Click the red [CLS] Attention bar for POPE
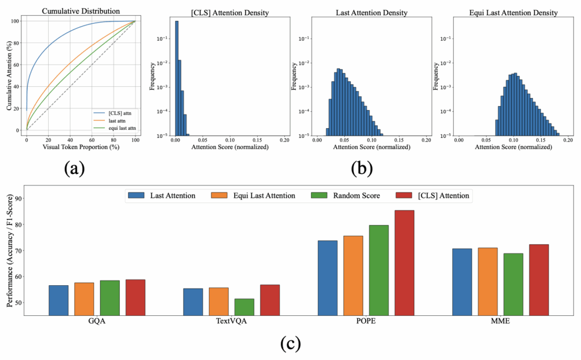tap(405, 263)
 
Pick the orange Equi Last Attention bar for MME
tap(487, 281)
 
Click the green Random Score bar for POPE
tap(378, 270)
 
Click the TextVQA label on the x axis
tap(231, 321)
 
